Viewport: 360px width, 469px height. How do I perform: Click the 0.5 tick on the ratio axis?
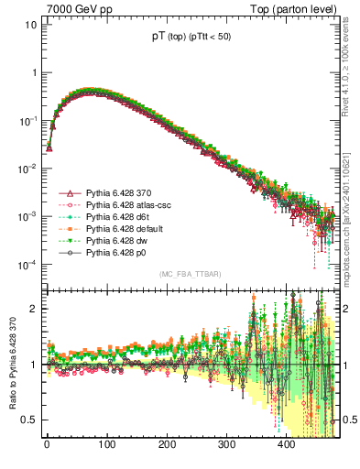29,420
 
